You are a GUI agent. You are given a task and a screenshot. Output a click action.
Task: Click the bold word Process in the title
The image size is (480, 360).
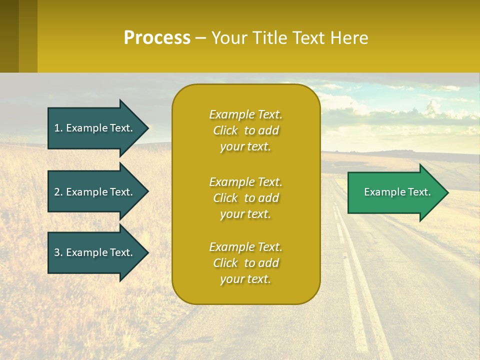[x=157, y=38]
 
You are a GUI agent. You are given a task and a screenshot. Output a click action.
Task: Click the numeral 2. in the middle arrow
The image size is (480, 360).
[x=58, y=192]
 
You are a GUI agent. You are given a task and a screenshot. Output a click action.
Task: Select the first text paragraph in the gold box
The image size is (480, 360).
[x=245, y=130]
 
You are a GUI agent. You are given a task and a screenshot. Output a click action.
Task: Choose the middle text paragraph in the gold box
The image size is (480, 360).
[x=245, y=198]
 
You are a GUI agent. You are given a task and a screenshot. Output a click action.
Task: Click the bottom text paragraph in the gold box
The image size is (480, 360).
[x=245, y=263]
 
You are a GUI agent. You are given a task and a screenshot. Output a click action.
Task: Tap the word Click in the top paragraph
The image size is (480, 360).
[x=225, y=130]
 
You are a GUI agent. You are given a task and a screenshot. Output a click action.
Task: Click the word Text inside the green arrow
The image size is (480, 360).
[x=419, y=192]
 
